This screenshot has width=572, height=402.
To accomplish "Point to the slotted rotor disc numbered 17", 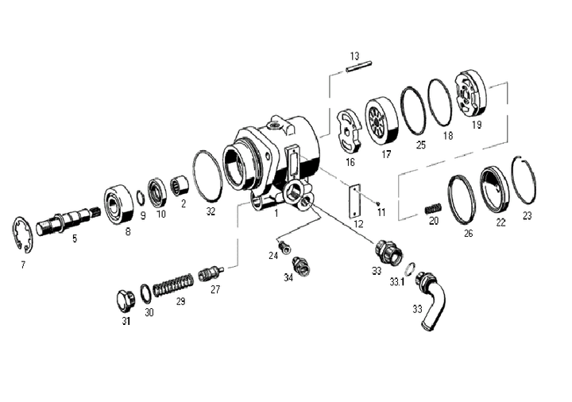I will tap(381, 121).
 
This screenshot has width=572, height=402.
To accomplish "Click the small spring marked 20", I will tap(432, 208).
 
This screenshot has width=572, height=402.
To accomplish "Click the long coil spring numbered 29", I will tap(172, 284).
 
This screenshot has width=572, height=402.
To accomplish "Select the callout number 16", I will tap(350, 162).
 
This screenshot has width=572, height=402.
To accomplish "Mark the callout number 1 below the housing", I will tap(275, 213).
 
